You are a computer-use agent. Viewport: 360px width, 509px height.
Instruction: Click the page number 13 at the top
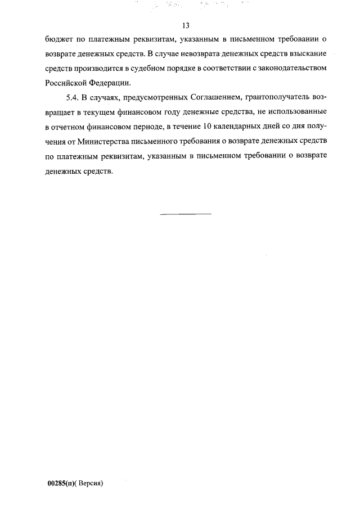(x=186, y=26)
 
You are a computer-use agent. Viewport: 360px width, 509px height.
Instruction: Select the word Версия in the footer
(x=91, y=483)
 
